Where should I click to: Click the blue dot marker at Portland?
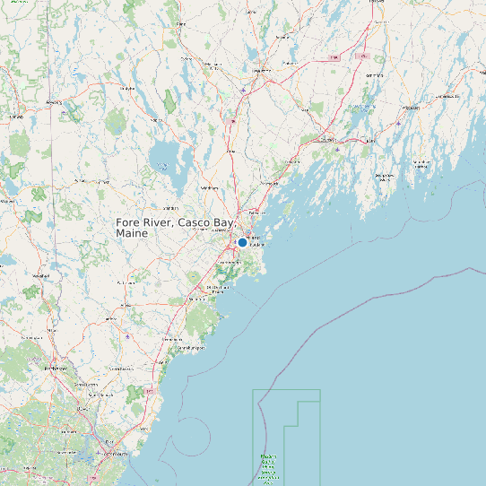tap(242, 242)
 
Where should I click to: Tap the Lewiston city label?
tap(260, 70)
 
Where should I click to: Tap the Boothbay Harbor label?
tap(384, 177)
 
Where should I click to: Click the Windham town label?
tap(210, 188)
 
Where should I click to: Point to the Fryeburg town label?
tap(54, 102)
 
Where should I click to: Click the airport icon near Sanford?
tap(128, 336)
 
